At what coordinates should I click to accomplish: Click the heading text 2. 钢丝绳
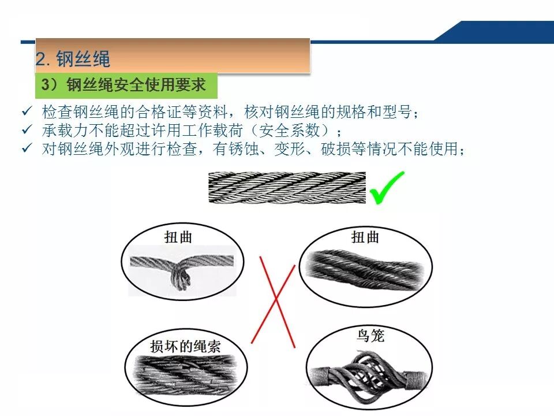(x=73, y=59)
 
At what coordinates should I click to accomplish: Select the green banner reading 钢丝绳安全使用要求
(x=126, y=86)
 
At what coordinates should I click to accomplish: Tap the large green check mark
(x=387, y=187)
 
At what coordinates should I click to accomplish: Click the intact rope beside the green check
(x=287, y=187)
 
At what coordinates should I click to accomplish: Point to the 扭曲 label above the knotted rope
(x=178, y=237)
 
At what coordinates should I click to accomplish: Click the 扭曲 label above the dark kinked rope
(x=365, y=237)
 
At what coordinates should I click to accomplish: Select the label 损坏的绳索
(x=185, y=346)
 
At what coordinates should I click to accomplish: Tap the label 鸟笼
(x=370, y=335)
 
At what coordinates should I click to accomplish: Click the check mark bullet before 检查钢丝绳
(x=27, y=111)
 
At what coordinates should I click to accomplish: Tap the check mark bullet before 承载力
(x=27, y=129)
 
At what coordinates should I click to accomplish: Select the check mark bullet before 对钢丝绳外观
(x=27, y=148)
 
